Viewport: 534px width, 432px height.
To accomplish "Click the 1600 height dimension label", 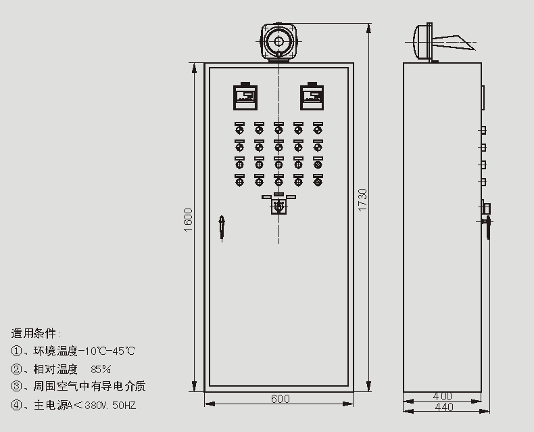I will click(189, 220).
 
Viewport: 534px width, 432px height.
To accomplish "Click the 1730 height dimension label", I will click(362, 198).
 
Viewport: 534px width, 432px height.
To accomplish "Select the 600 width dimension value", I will click(280, 399).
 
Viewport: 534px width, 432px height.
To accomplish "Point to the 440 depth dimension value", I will click(443, 407).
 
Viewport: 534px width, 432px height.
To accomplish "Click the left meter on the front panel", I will click(245, 96).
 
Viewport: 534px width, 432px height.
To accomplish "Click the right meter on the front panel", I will click(312, 96).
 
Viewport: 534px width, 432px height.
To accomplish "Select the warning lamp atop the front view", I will click(278, 42).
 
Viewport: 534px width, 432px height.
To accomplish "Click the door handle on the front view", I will click(221, 228).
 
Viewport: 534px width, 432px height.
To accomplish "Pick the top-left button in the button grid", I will click(239, 128).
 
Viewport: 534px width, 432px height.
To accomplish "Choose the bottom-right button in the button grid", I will click(318, 180).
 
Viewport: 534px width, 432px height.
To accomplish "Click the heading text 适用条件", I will click(35, 333).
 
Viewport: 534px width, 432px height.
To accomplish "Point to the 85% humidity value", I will click(101, 369).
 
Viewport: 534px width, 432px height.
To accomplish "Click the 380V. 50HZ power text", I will click(115, 406).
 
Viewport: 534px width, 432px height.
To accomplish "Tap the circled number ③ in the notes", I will click(16, 387).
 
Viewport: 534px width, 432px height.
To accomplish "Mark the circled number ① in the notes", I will click(16, 351).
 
